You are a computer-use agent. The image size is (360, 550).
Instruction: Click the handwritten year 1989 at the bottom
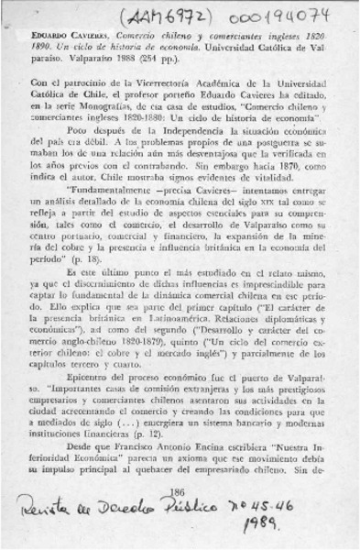click(275, 530)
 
